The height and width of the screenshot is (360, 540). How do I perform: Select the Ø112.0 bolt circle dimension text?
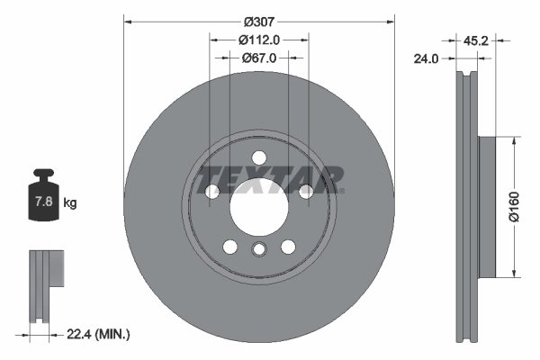(x=260, y=39)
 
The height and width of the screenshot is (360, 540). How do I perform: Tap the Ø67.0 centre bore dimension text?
(x=259, y=57)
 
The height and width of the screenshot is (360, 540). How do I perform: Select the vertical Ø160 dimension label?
(x=513, y=206)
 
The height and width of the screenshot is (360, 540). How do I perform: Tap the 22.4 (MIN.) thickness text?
(x=99, y=334)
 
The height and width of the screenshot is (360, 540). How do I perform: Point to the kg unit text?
(x=70, y=203)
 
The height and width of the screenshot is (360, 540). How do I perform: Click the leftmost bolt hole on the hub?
(x=212, y=191)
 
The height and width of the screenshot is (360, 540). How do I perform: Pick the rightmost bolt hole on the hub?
(x=306, y=191)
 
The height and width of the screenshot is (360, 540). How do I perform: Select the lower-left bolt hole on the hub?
(x=230, y=247)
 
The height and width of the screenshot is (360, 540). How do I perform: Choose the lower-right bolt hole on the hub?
(x=288, y=247)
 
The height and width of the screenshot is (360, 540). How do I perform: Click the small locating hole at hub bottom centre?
(x=259, y=251)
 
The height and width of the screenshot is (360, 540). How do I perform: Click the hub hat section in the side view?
(x=486, y=207)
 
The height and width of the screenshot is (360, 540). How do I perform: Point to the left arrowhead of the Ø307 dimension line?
(x=126, y=20)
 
